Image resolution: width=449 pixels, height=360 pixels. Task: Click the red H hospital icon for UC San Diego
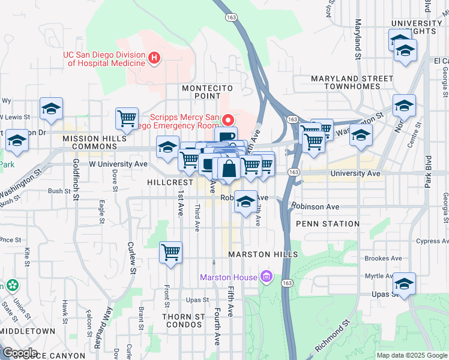pos(154,58)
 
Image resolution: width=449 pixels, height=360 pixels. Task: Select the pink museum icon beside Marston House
pos(267,277)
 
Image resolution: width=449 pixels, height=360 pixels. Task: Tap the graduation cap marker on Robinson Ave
pos(245,202)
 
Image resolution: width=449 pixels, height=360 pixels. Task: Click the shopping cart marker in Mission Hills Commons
pos(127,118)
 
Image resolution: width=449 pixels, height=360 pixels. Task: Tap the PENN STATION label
pos(328,224)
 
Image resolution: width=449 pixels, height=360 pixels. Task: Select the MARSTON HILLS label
pos(263,255)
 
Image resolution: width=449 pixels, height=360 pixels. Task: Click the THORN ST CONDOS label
pos(184,321)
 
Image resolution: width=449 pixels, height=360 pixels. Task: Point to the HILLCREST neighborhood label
pos(170,182)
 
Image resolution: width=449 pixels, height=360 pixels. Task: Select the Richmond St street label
pos(333,337)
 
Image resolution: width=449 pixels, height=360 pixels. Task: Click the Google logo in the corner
pos(19,353)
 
